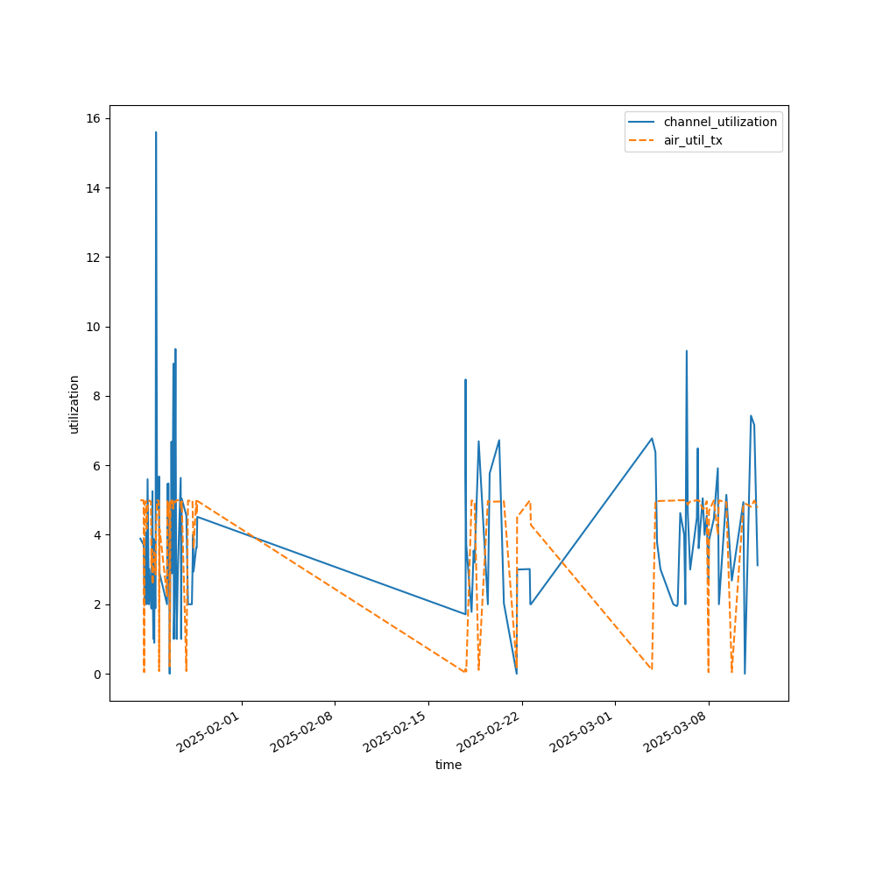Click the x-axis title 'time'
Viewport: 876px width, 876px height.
(449, 765)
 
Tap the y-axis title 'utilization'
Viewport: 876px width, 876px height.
(74, 404)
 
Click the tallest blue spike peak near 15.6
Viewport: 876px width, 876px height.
(156, 132)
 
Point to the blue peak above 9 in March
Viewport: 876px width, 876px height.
(687, 351)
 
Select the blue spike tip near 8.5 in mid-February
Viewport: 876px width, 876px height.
(465, 380)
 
